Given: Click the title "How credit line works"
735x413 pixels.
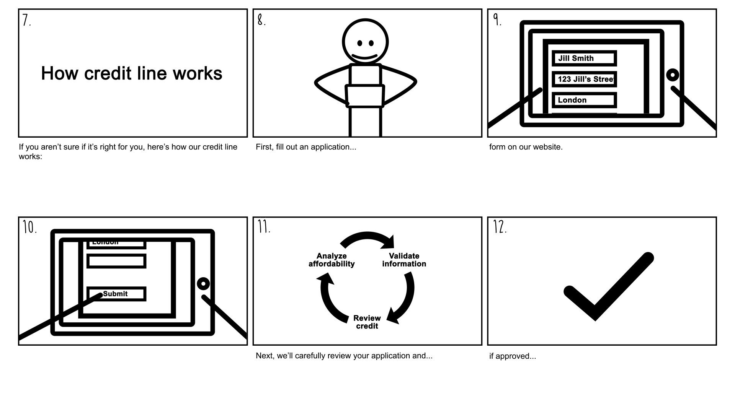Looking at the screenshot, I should (x=131, y=73).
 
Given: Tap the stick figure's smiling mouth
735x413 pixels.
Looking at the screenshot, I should (x=364, y=57).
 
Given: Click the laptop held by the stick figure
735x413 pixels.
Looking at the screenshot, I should (x=364, y=96).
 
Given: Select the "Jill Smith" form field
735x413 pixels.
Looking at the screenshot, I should (x=584, y=59).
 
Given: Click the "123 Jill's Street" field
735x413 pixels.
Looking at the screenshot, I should (x=584, y=80).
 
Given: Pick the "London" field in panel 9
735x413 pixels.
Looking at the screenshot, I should (x=584, y=100).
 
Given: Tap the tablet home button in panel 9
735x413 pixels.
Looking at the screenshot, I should (x=672, y=75).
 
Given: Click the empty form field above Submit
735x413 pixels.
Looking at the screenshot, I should (x=116, y=261).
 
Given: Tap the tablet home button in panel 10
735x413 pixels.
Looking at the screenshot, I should (x=203, y=284).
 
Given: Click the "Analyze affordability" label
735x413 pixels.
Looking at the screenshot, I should (x=332, y=260).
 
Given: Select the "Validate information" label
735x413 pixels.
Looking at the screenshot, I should (x=404, y=260).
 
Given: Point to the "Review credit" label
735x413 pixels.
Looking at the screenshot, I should (x=367, y=322).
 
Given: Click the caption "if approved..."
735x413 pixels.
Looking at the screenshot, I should (x=512, y=356).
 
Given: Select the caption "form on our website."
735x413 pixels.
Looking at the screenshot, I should (x=526, y=147).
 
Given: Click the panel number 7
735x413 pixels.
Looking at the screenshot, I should (x=26, y=20).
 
